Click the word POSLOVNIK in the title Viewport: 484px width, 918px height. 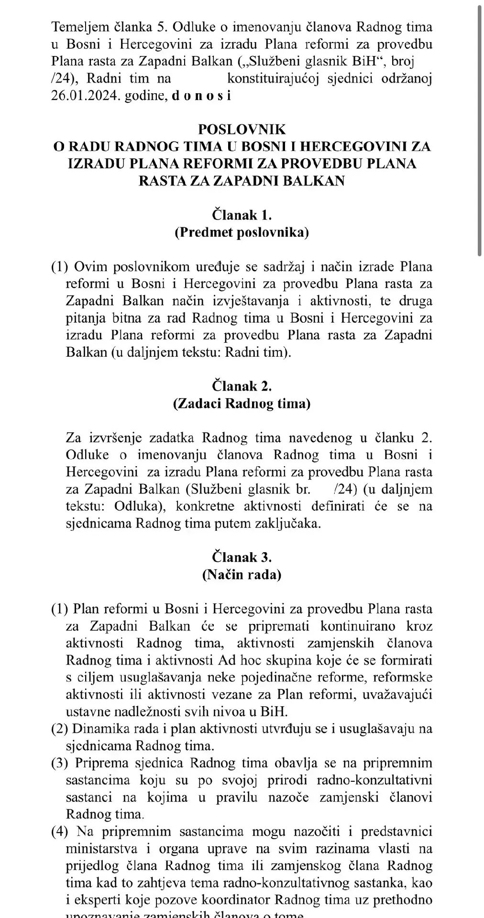(242, 129)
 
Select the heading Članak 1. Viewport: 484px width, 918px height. (242, 215)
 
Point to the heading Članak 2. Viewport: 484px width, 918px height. (242, 386)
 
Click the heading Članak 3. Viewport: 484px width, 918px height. (242, 557)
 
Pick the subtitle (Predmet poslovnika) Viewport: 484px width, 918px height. (242, 232)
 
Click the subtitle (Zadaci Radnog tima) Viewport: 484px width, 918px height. (242, 404)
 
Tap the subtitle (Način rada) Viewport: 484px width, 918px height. (242, 574)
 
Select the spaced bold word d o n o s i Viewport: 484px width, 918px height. (201, 96)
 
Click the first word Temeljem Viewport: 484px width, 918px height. (75, 27)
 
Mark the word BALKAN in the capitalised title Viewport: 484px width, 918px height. (318, 181)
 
